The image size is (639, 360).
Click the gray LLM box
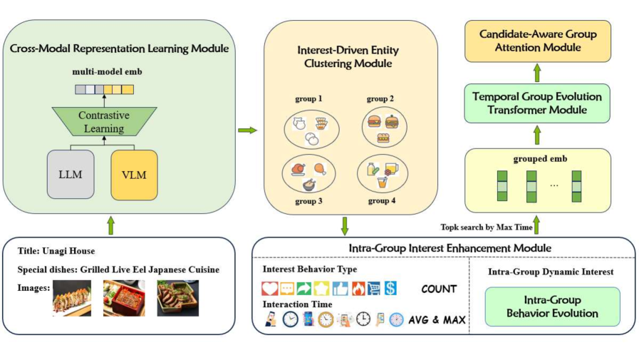71,175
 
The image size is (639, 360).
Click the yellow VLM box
134,175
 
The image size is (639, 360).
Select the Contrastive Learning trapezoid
104,121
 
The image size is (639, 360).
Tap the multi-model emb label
107,72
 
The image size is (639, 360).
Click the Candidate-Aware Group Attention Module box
538,41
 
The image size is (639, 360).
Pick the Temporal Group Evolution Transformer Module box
537,103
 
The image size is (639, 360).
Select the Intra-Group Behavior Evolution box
552,307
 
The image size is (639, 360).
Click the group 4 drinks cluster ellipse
382,174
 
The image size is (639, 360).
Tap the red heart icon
270,289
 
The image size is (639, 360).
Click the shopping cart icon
373,289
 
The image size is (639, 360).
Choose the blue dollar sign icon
390,289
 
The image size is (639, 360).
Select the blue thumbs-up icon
340,289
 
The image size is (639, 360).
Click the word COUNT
439,289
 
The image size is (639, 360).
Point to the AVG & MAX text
437,320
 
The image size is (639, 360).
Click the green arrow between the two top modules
247,130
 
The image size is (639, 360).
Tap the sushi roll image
72,298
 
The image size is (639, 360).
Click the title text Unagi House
68,251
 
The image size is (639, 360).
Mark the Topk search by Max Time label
487,227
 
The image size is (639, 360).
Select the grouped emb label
540,159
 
